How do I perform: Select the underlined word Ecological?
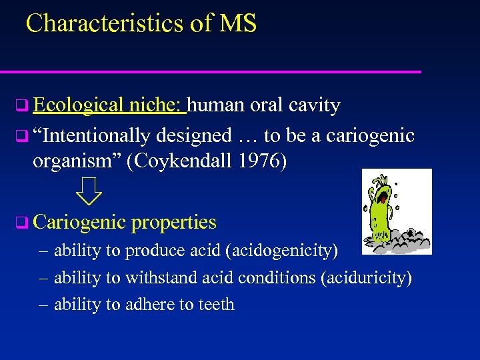coord(78,105)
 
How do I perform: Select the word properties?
coord(174,222)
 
